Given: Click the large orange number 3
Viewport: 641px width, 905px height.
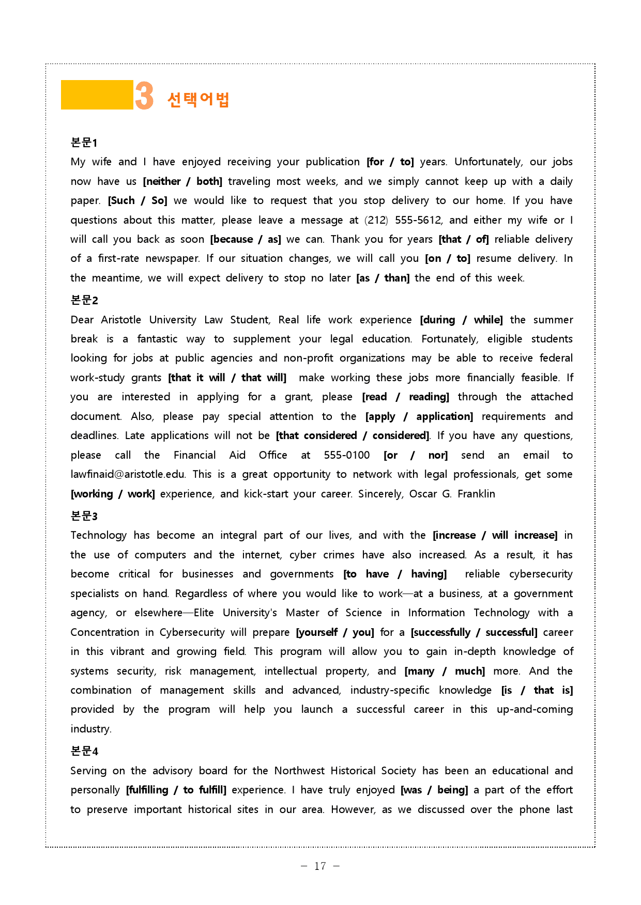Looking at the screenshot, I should [x=144, y=96].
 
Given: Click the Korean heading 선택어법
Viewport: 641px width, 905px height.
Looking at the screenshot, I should [x=198, y=99].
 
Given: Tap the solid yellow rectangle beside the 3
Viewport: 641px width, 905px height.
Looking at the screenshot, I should [x=97, y=95].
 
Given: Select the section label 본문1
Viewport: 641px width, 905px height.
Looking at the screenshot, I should [x=84, y=143].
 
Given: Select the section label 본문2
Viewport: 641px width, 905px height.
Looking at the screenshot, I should [x=84, y=300].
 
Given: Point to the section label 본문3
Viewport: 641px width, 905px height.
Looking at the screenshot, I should [x=84, y=516].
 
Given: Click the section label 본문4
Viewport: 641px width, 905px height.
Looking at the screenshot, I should [x=84, y=751].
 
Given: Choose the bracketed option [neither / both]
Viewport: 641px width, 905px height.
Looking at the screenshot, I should [x=182, y=181].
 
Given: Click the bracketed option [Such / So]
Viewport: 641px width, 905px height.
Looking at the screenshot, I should [x=138, y=200].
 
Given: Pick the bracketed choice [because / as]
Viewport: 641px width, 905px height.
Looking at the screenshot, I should [x=246, y=239].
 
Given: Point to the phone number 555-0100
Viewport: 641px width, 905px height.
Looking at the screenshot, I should [x=347, y=455].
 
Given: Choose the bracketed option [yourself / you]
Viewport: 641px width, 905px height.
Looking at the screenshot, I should [x=335, y=632].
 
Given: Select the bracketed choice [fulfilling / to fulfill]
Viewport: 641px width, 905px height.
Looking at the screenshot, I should [x=176, y=790].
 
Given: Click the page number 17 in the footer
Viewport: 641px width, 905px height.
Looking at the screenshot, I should [x=320, y=866].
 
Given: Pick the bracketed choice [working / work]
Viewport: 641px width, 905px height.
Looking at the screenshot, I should [x=113, y=494].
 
